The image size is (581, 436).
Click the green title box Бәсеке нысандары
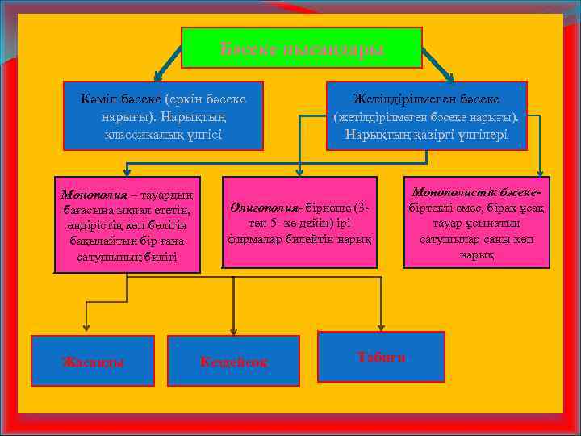[x=301, y=48]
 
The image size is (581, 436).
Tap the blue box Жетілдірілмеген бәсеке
[x=426, y=115]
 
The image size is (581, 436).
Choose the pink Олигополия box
[x=299, y=223]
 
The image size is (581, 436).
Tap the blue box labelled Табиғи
[x=382, y=356]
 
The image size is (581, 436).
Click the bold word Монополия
[x=86, y=195]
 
